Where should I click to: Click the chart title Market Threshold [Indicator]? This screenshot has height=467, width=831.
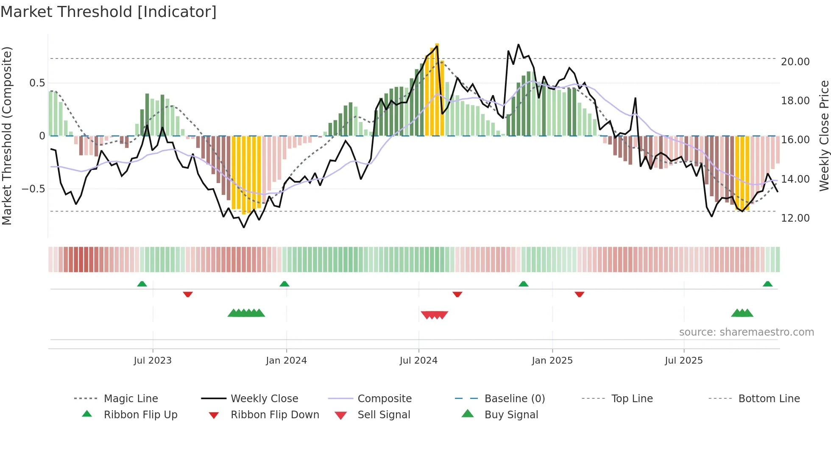[109, 12]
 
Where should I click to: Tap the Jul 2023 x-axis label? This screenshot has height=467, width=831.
[153, 361]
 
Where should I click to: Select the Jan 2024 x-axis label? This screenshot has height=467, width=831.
[286, 361]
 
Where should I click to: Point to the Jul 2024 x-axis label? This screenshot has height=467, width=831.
[418, 361]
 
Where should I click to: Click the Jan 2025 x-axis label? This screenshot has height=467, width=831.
[552, 361]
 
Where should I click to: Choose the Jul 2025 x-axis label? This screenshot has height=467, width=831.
[683, 361]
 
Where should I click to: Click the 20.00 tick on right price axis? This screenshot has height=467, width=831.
[795, 62]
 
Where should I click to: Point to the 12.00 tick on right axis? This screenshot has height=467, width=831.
[795, 218]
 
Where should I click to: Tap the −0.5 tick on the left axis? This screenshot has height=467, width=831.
[33, 189]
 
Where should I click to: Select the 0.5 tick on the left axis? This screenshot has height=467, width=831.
[37, 83]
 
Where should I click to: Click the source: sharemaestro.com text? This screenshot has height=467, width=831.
[746, 332]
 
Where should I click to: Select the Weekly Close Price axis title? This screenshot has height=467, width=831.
[824, 136]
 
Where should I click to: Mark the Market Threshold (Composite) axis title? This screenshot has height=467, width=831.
[7, 136]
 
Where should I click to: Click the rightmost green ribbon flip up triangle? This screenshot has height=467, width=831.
[767, 284]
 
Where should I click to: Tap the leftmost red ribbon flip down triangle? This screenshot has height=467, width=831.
[188, 294]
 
